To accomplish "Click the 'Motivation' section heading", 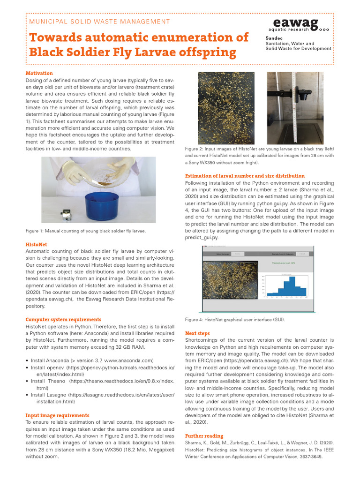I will (39, 74).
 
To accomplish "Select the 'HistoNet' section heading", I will (36, 245).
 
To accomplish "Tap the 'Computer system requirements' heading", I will (63, 320).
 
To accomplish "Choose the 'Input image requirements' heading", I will (57, 415).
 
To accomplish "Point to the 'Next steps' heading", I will (197, 333).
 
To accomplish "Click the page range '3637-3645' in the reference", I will (310, 456).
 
